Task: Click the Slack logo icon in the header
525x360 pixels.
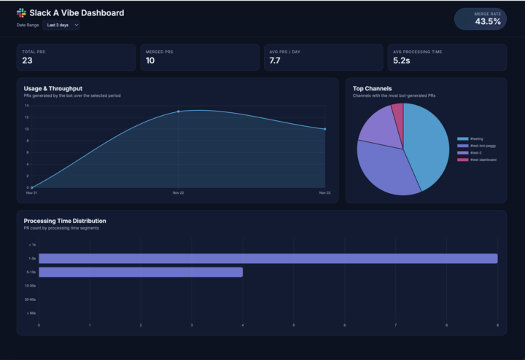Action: [21, 12]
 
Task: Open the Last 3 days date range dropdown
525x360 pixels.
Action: [62, 25]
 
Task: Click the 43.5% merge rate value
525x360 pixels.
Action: [488, 22]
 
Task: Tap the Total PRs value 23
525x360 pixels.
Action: [28, 61]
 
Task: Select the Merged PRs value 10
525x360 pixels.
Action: [150, 61]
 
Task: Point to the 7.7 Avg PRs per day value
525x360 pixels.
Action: [275, 61]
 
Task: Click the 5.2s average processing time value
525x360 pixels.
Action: [401, 61]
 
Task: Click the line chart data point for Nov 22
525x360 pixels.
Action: [178, 111]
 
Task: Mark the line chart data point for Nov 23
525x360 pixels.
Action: [324, 129]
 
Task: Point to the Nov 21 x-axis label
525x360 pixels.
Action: [31, 193]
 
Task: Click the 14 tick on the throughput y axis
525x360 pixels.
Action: [26, 106]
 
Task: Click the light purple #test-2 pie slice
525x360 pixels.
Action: [378, 125]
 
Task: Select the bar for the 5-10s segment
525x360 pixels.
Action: [140, 272]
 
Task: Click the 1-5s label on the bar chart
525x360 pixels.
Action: [32, 259]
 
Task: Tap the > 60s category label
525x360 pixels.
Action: [31, 313]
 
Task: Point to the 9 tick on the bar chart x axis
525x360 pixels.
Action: [497, 325]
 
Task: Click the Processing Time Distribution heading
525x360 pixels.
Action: [65, 221]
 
